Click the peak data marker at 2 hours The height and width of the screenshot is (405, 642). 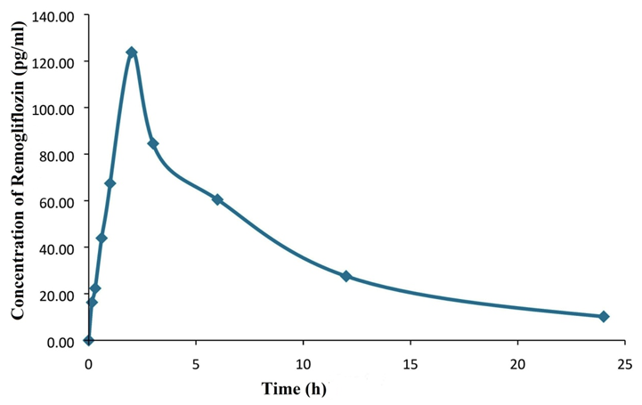pyautogui.click(x=132, y=53)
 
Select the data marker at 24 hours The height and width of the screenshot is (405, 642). pyautogui.click(x=604, y=317)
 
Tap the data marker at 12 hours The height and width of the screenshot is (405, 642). pyautogui.click(x=346, y=277)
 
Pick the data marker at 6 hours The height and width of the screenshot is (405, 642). pyautogui.click(x=217, y=199)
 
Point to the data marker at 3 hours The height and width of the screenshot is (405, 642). pyautogui.click(x=153, y=143)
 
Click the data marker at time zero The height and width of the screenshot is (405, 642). pyautogui.click(x=88, y=340)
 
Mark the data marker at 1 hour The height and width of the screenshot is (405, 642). pyautogui.click(x=110, y=183)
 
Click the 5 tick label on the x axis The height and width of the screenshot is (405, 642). pyautogui.click(x=196, y=363)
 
